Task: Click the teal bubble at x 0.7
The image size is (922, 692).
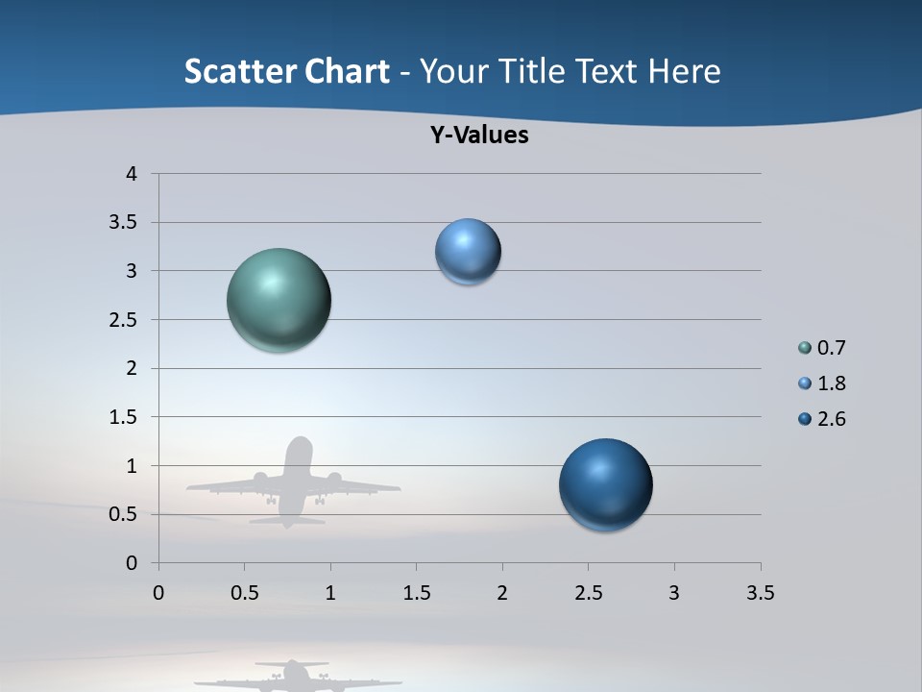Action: point(279,300)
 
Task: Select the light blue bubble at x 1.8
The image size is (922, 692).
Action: point(468,252)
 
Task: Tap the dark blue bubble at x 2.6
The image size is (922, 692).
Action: point(605,484)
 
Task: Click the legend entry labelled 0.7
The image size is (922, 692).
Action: point(831,348)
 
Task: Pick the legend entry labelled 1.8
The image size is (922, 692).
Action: point(831,383)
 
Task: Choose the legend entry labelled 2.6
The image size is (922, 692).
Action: point(831,419)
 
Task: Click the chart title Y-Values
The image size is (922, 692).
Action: point(479,136)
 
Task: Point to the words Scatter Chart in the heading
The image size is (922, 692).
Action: point(286,71)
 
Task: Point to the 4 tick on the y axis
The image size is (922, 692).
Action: point(132,174)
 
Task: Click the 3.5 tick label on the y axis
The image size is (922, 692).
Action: point(123,223)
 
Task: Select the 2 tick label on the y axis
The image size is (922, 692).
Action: point(132,368)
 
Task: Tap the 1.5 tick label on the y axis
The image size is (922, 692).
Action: point(123,417)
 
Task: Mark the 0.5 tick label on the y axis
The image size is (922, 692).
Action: point(123,514)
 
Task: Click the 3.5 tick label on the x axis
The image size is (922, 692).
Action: point(760,594)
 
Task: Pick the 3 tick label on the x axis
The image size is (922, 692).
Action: point(674,594)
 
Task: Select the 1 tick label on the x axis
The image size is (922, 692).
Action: point(330,594)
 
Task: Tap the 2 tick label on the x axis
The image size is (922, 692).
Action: point(502,594)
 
